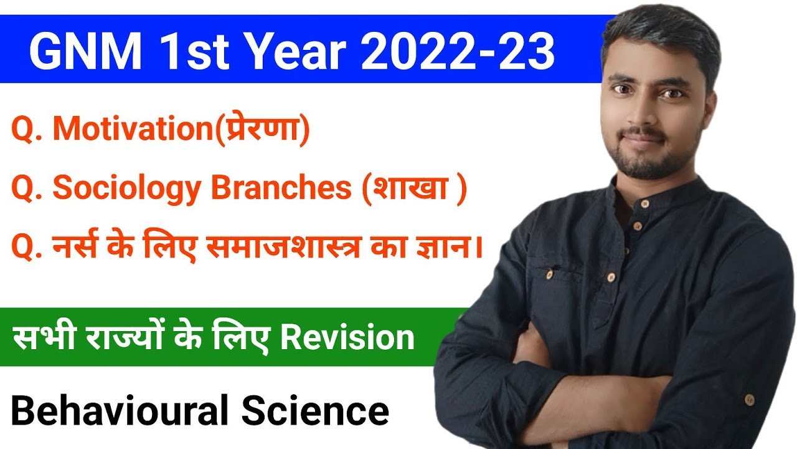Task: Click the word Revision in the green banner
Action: pos(347,338)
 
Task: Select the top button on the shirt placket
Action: pos(644,204)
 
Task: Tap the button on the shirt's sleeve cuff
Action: pos(749,398)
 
